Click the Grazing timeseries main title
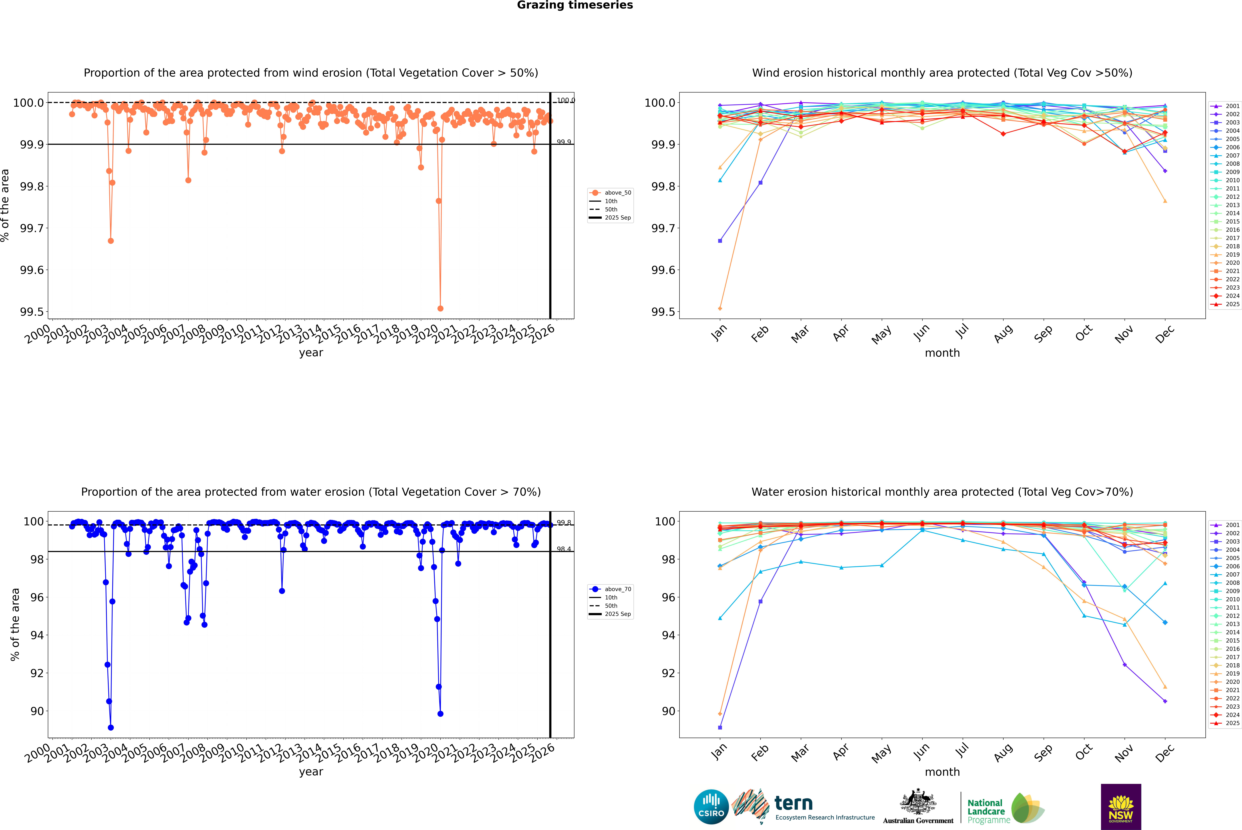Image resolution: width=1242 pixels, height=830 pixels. coord(575,5)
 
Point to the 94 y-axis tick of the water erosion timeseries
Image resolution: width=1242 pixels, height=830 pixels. coord(37,635)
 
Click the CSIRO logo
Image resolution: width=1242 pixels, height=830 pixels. coord(711,807)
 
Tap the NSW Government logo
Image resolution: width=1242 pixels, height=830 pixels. coord(1121,807)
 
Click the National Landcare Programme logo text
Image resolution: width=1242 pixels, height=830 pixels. coord(986,811)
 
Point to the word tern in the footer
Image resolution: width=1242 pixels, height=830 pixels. coord(793,803)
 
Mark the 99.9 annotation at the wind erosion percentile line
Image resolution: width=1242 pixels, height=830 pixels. coord(564,142)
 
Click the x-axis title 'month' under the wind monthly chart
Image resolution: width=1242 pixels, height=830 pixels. coord(942,353)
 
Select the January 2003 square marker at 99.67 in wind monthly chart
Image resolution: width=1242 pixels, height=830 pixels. coord(720,241)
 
